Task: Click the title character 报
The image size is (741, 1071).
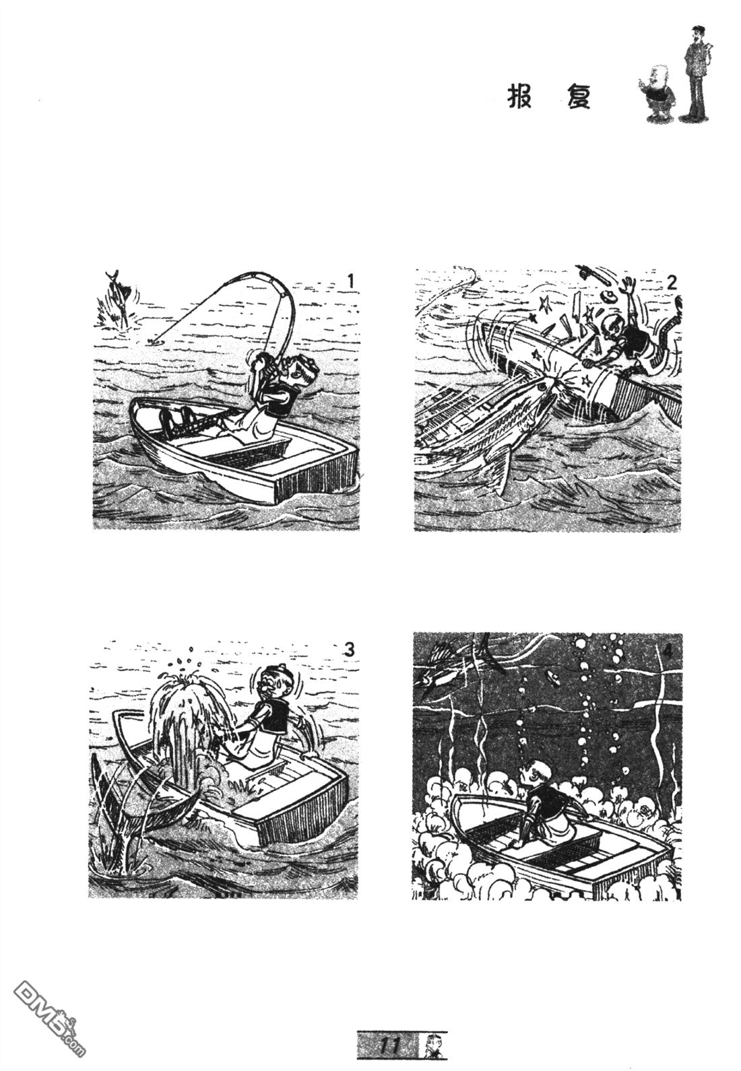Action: (519, 98)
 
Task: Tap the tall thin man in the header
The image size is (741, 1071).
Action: (697, 74)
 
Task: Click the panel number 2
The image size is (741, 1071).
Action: (671, 283)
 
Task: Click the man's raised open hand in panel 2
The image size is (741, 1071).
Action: (626, 285)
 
